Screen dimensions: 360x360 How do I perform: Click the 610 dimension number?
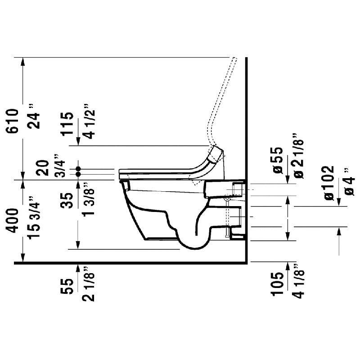(13, 121)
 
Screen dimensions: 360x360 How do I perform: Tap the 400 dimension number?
(13, 220)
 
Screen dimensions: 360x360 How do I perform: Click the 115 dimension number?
(67, 124)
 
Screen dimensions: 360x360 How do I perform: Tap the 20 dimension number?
(43, 168)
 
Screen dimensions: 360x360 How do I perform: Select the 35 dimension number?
(67, 200)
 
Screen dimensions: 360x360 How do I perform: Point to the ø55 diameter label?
(276, 160)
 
